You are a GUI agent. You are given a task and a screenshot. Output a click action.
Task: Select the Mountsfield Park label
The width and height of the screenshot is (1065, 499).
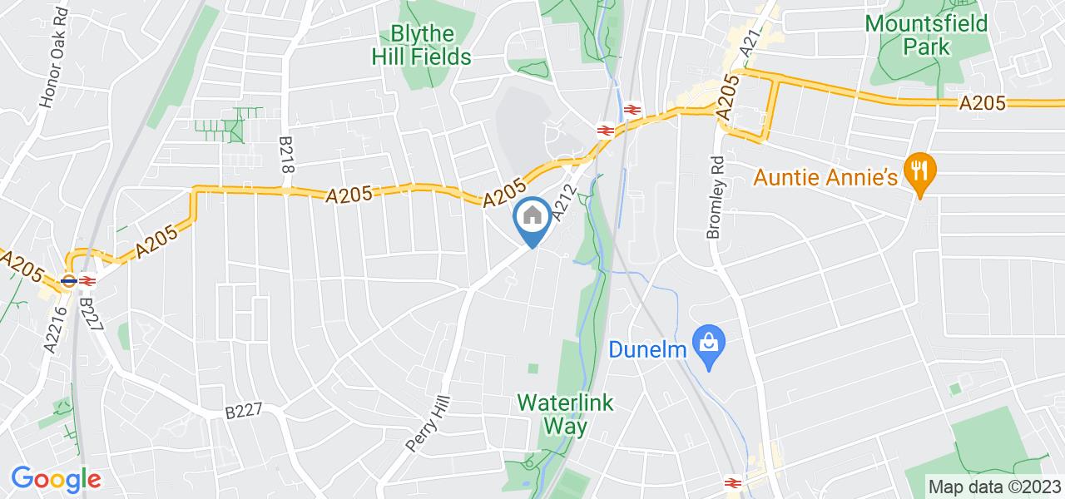click(x=926, y=35)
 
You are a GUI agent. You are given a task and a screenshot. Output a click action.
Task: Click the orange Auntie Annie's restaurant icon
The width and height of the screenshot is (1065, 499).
click(x=919, y=172)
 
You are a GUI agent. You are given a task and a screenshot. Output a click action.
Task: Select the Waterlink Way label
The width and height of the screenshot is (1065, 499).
click(x=565, y=414)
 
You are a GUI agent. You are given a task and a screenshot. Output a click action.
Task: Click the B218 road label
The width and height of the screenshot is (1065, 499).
click(x=288, y=154)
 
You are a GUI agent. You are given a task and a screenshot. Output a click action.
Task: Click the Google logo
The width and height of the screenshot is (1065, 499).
click(x=56, y=479)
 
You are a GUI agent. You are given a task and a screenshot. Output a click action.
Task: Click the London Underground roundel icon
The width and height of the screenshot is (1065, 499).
click(x=70, y=281)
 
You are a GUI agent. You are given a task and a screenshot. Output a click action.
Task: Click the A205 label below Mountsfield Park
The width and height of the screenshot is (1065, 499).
click(x=983, y=103)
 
